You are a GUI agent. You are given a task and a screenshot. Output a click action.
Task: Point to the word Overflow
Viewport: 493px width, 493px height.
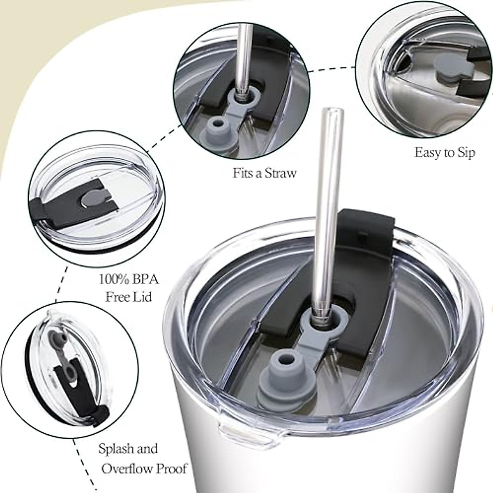125,469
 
